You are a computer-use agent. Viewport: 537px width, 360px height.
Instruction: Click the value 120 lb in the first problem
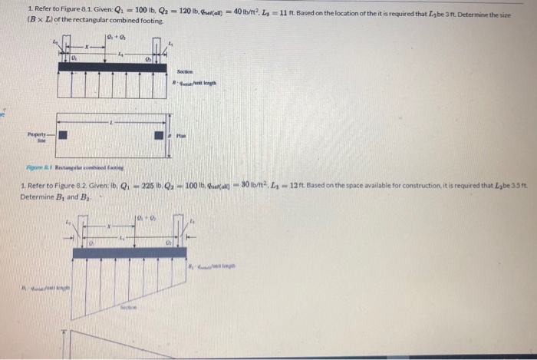pyautogui.click(x=182, y=11)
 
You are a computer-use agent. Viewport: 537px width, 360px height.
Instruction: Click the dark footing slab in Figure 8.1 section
pyautogui.click(x=112, y=67)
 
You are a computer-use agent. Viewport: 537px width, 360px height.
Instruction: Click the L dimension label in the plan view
pyautogui.click(x=112, y=121)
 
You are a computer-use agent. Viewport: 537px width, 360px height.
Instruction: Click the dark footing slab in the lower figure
pyautogui.click(x=130, y=252)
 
